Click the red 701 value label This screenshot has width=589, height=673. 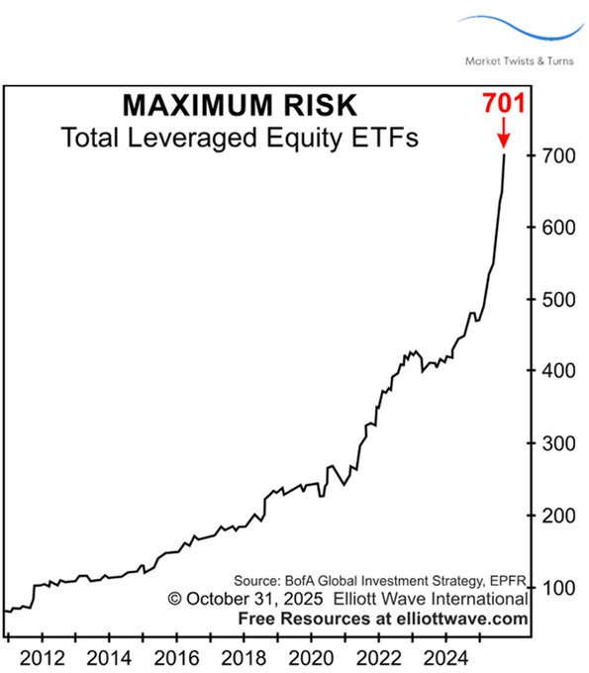click(x=503, y=103)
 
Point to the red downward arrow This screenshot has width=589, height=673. click(x=503, y=133)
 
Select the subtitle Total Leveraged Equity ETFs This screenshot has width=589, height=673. click(x=241, y=137)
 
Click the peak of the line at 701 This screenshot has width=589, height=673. click(x=504, y=154)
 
